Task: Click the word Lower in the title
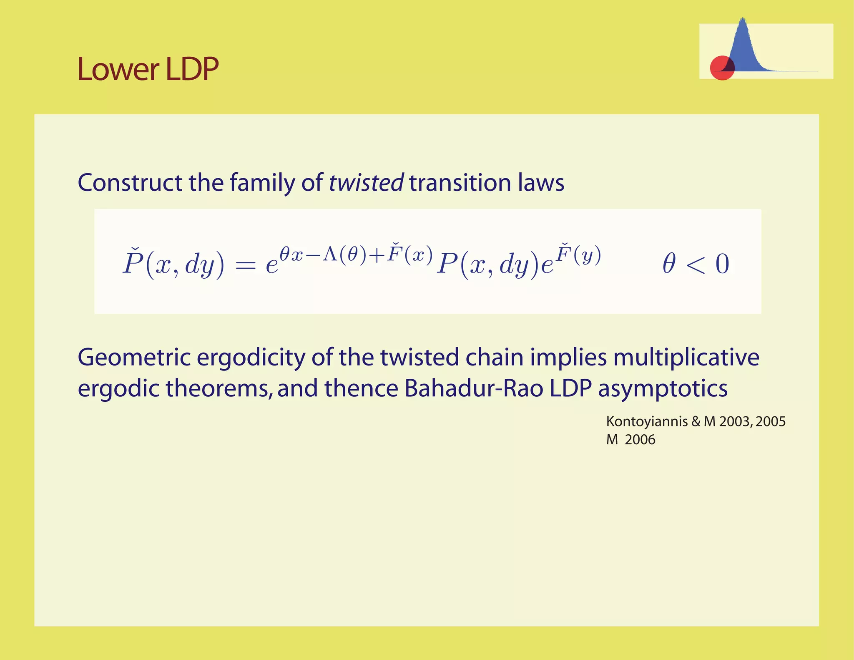118,69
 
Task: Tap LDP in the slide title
192,69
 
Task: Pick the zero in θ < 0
722,264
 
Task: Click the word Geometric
134,358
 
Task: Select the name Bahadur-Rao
474,388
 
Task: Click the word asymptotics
663,389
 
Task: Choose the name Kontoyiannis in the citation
647,422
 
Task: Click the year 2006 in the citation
640,440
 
